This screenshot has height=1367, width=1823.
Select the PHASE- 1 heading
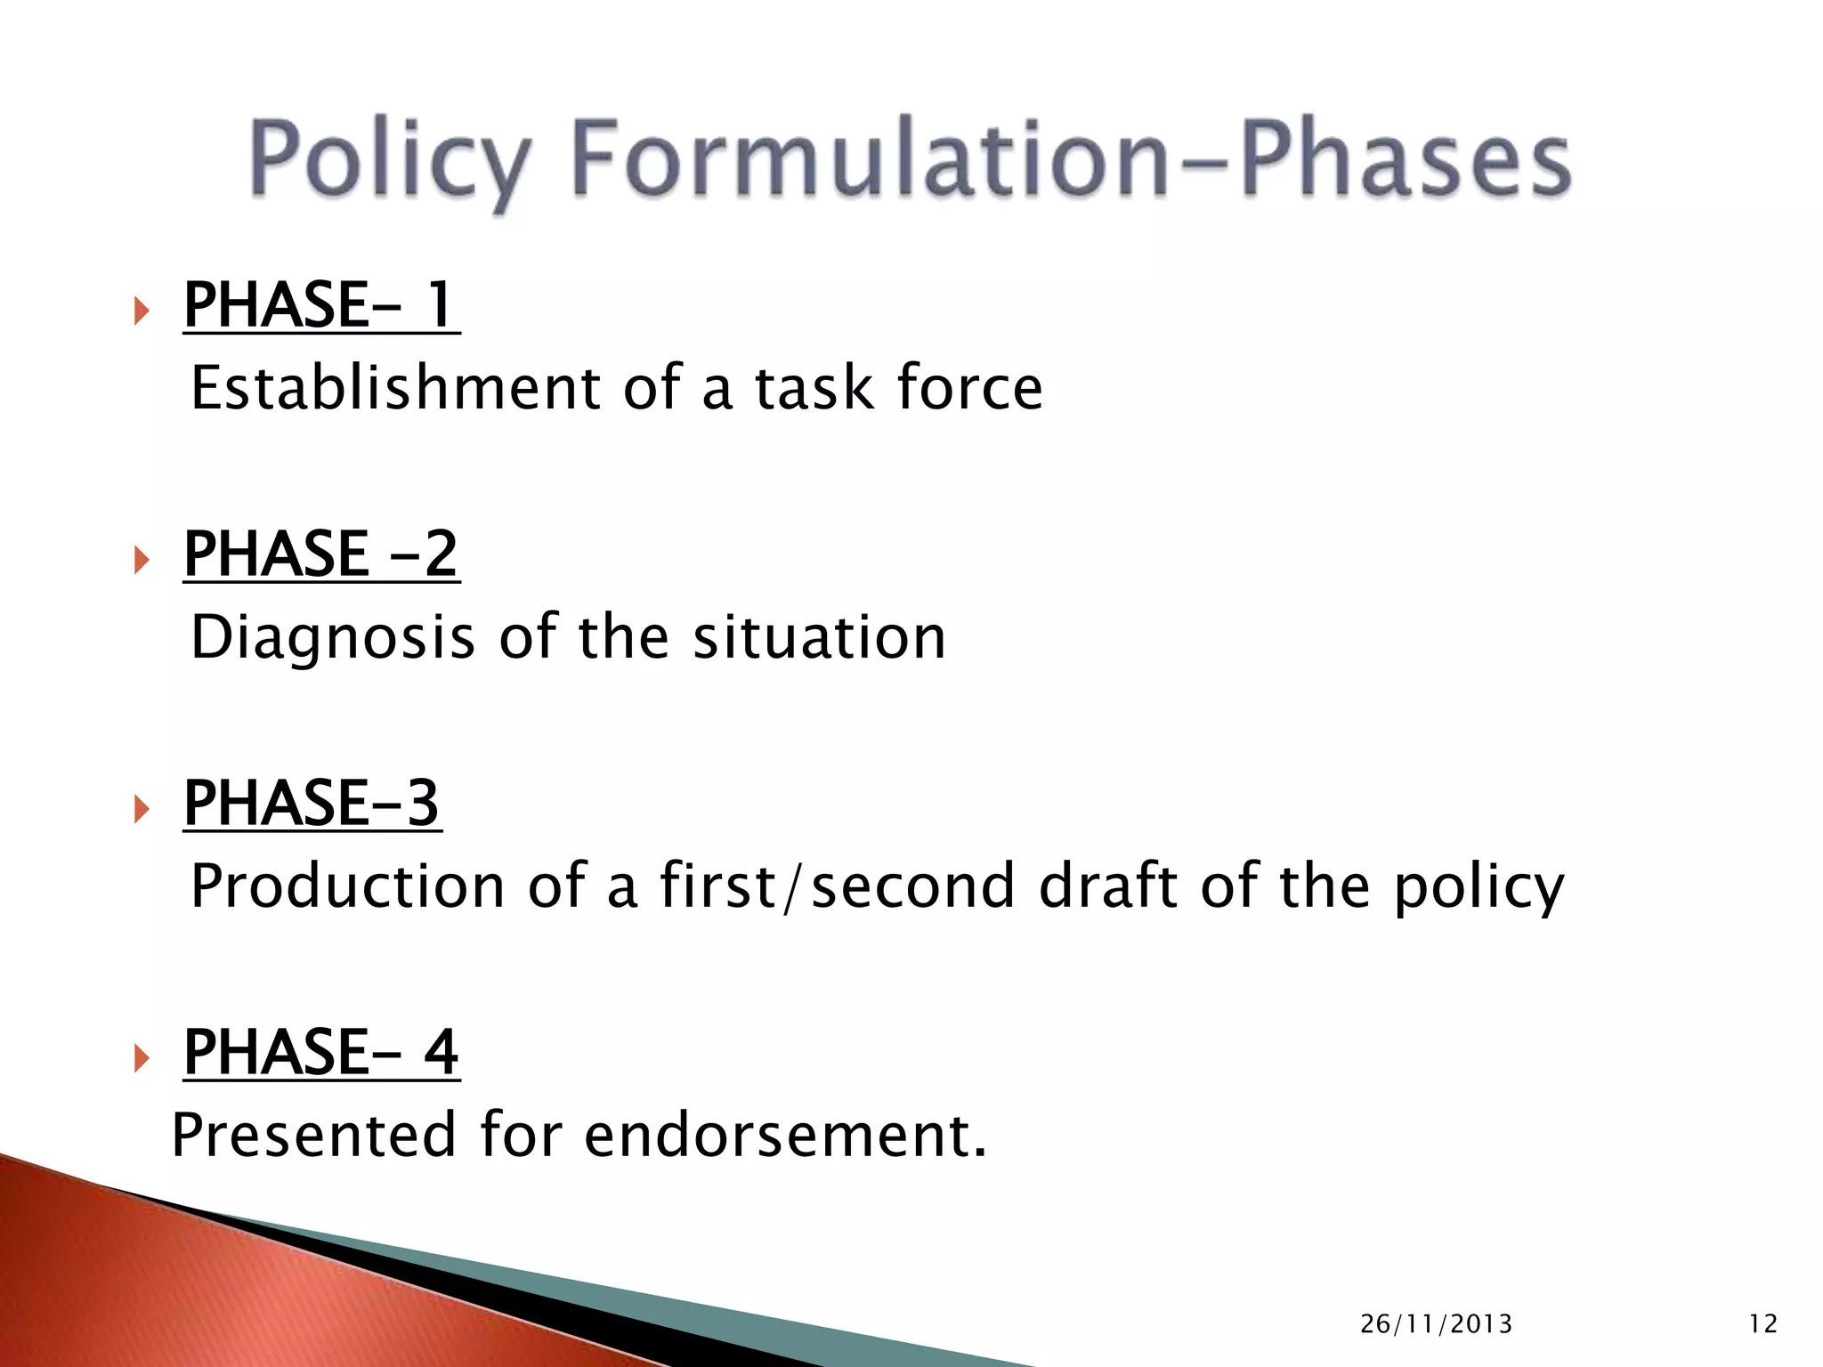pyautogui.click(x=320, y=305)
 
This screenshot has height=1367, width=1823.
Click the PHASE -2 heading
pyautogui.click(x=320, y=554)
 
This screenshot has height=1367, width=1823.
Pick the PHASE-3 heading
pyautogui.click(x=312, y=804)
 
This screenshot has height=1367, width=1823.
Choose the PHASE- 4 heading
pyautogui.click(x=320, y=1053)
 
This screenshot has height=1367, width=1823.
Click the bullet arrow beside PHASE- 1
pyautogui.click(x=141, y=311)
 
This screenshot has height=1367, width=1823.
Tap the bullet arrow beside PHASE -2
pyautogui.click(x=141, y=560)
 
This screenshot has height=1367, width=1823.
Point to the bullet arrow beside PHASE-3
pyautogui.click(x=141, y=809)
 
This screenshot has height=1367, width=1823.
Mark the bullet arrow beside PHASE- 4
pyautogui.click(x=141, y=1058)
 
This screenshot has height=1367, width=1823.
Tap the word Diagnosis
pyautogui.click(x=333, y=639)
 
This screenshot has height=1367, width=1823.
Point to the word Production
pyautogui.click(x=348, y=887)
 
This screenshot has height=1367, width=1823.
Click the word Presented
pyautogui.click(x=314, y=1136)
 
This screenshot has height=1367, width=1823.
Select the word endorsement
pyautogui.click(x=785, y=1136)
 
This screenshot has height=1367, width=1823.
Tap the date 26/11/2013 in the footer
pyautogui.click(x=1436, y=1324)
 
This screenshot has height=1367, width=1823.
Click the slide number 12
pyautogui.click(x=1762, y=1324)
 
